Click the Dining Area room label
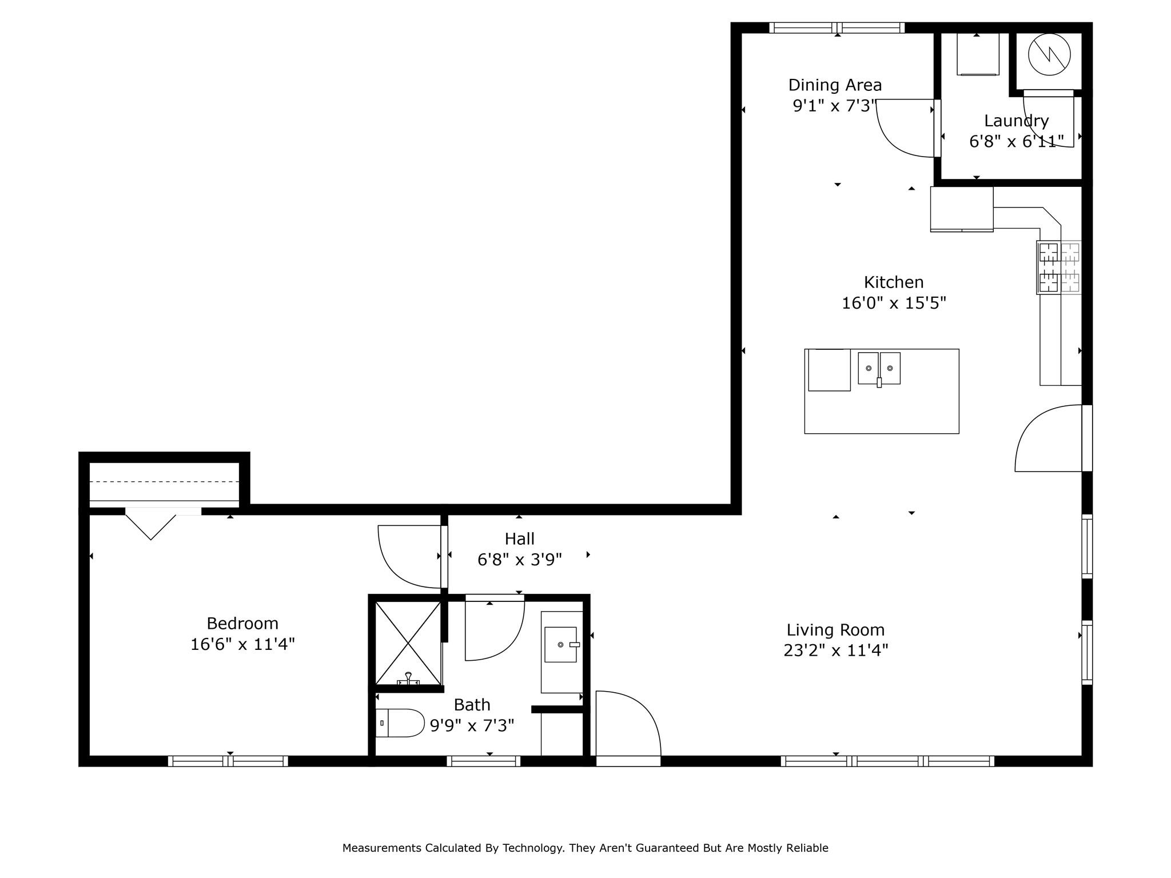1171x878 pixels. (835, 85)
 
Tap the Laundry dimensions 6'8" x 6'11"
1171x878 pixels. (1016, 141)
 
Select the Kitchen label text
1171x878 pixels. (893, 282)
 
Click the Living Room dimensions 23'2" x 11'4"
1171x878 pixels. (835, 650)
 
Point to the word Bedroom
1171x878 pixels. (242, 623)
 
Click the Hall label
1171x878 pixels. (519, 538)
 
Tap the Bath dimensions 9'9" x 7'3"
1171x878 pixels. (472, 725)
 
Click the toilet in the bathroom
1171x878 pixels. (400, 723)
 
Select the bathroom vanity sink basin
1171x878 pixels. (560, 644)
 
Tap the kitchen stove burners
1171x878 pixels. (1058, 268)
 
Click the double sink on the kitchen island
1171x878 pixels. (879, 368)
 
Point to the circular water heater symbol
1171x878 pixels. (1049, 54)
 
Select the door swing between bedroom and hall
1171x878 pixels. (409, 556)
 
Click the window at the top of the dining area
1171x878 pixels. (837, 27)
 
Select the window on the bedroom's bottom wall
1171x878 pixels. (228, 761)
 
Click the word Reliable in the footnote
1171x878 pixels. (807, 848)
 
